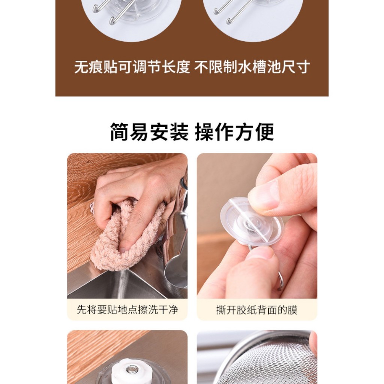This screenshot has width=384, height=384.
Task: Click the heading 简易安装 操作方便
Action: (192, 132)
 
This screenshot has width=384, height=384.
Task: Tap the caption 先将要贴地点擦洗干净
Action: (127, 309)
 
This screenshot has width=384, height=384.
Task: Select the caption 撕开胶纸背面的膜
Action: (257, 310)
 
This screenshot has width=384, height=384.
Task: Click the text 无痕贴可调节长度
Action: (132, 67)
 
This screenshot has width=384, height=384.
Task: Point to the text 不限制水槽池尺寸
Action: (252, 67)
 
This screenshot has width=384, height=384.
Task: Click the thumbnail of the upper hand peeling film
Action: (286, 189)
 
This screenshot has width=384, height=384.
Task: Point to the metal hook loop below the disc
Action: (280, 281)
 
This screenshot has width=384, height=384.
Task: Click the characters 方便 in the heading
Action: (254, 132)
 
